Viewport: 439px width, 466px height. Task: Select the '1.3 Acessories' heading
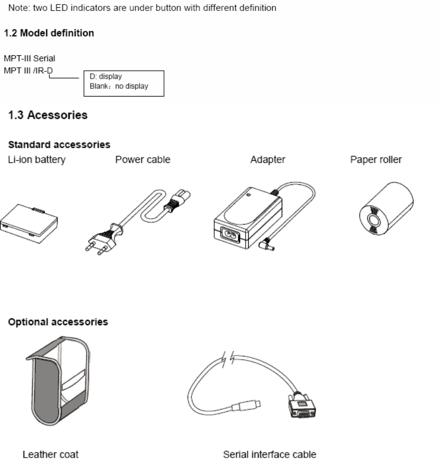click(48, 116)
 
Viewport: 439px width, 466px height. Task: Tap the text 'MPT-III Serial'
click(29, 58)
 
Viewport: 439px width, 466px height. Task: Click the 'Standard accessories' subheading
click(57, 144)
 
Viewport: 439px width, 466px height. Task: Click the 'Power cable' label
click(143, 160)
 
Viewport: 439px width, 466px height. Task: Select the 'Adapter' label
click(268, 160)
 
